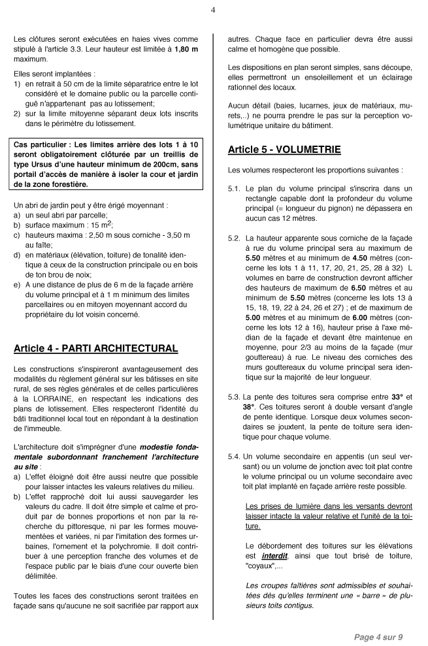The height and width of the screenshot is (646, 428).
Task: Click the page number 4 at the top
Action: [214, 10]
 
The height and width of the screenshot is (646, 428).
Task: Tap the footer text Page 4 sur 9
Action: [378, 636]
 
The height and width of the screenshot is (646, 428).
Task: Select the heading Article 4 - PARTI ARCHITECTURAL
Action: [95, 349]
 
